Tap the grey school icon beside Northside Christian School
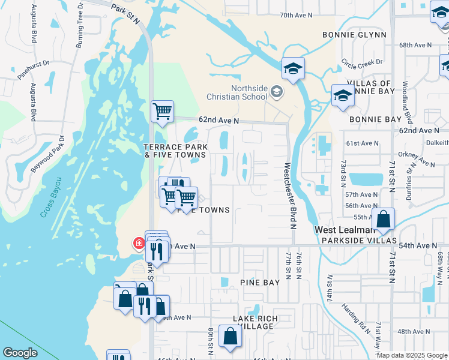coord(277,92)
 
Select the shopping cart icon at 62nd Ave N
coord(162,111)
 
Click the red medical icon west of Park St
coord(139,243)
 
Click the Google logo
coord(20,353)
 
